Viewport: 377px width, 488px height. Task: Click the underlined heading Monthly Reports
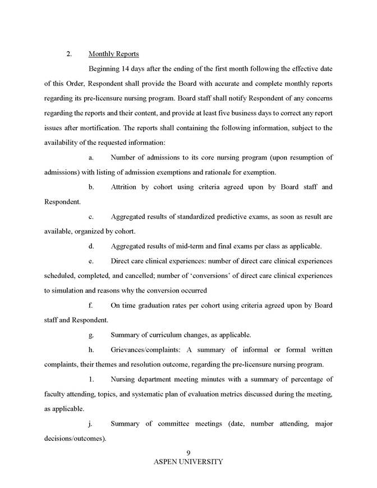[x=114, y=54]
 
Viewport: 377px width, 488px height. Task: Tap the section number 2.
[x=69, y=54]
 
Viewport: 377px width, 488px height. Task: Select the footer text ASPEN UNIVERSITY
[x=188, y=462]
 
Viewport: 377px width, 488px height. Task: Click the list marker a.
[x=91, y=157]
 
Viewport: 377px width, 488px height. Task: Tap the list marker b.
[x=91, y=186]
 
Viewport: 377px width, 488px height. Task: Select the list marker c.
[x=91, y=216]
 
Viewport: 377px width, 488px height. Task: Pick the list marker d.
[x=91, y=246]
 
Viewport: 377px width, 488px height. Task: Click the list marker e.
[x=91, y=261]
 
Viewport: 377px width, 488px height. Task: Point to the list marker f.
[x=91, y=305]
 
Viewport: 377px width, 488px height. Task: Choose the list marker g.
[x=91, y=335]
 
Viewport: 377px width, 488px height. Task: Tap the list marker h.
[x=91, y=349]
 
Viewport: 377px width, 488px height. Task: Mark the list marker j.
[x=91, y=423]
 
